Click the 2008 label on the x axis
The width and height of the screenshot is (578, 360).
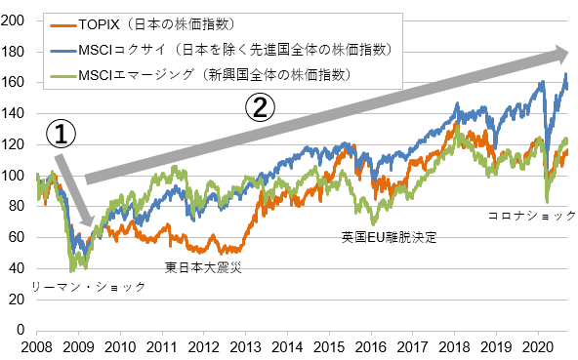(x=36, y=347)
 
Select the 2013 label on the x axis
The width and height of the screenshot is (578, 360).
(x=246, y=347)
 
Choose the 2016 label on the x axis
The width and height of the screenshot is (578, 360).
(x=371, y=347)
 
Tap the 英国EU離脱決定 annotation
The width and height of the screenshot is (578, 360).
(x=389, y=237)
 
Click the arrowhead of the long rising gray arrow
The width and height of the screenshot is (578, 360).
(x=561, y=53)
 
